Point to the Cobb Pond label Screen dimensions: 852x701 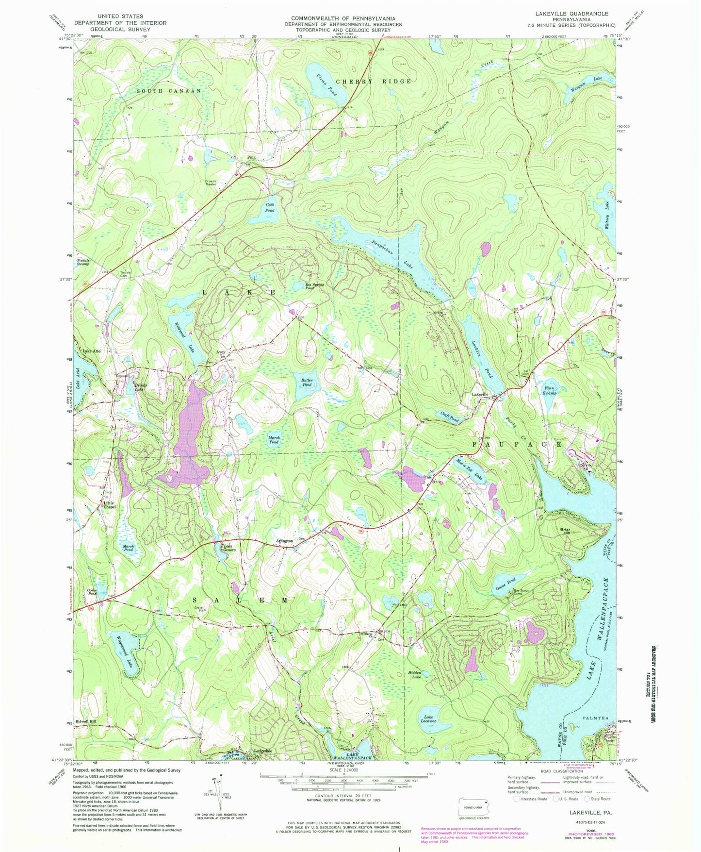click(x=270, y=207)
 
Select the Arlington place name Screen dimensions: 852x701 click(x=284, y=540)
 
